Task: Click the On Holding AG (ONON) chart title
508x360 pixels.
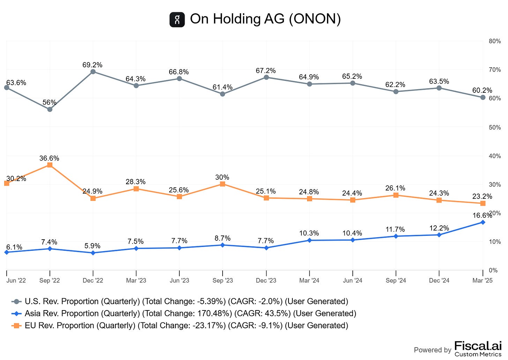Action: tap(265, 19)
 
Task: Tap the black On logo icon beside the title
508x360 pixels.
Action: tap(177, 19)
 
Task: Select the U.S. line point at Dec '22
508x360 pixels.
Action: tap(93, 72)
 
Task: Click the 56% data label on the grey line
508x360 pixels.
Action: tap(50, 102)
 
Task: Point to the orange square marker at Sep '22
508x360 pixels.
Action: tap(50, 165)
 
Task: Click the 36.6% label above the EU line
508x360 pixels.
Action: tap(49, 158)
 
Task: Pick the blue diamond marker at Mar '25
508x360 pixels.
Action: tap(483, 222)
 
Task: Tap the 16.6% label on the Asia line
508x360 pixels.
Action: tap(482, 216)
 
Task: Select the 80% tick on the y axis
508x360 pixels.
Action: tap(495, 41)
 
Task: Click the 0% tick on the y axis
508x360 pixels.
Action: tap(493, 270)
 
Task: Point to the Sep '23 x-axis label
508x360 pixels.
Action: tap(223, 280)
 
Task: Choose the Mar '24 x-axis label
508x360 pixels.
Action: tap(309, 280)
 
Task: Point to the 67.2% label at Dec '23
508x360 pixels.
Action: tap(266, 70)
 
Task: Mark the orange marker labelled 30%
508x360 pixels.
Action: tap(223, 184)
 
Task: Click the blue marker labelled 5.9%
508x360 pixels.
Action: tap(93, 253)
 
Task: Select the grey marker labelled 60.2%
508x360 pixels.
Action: tap(483, 97)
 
